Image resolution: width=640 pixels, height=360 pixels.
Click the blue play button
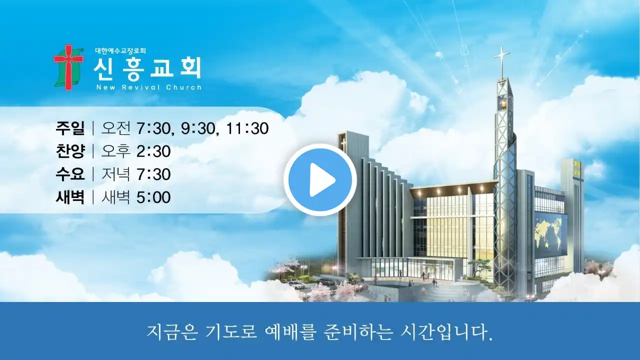[x=320, y=180]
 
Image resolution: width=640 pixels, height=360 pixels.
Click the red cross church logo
[x=68, y=67]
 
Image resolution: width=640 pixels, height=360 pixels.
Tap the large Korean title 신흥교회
[x=147, y=68]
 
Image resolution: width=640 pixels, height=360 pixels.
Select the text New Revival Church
[x=149, y=87]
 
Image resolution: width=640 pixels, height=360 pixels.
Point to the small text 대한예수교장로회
[x=120, y=51]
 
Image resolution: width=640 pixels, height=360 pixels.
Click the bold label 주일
[x=70, y=128]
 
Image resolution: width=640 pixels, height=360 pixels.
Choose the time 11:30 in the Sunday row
[x=247, y=128]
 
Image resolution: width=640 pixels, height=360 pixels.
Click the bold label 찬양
[x=70, y=151]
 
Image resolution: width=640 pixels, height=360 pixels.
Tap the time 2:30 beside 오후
[x=153, y=151]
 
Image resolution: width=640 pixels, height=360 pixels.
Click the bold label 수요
[x=70, y=174]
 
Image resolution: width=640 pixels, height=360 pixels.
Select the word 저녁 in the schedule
[x=115, y=174]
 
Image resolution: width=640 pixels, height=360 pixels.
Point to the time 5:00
[x=153, y=197]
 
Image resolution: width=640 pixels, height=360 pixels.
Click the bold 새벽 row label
[x=70, y=197]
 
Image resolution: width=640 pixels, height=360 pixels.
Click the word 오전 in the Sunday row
[x=115, y=128]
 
